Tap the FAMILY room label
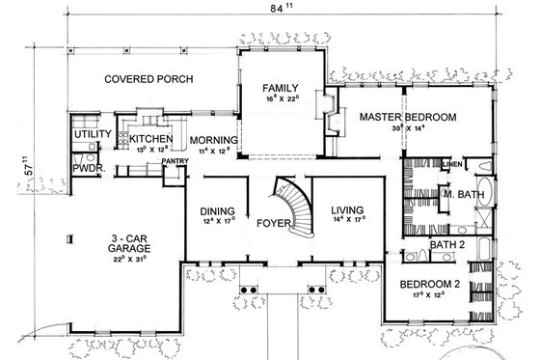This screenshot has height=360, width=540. click(283, 87)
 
